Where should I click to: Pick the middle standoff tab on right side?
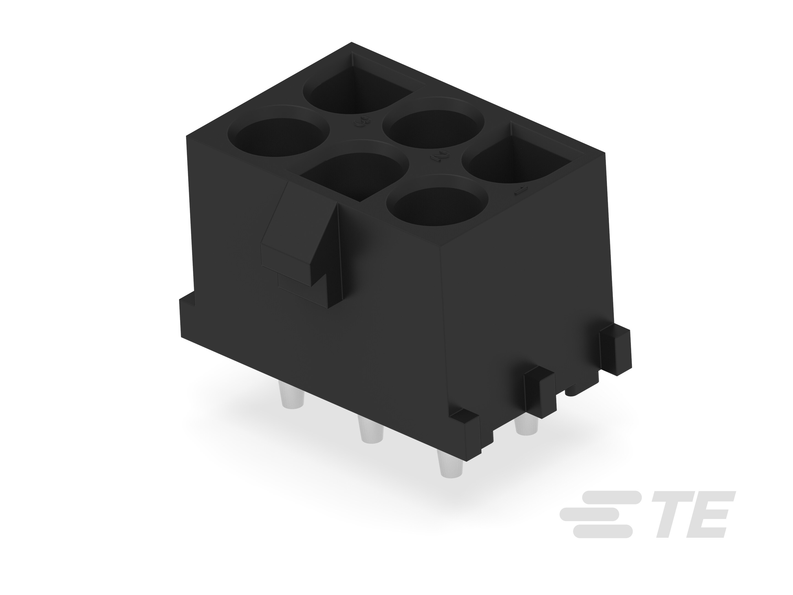coord(539,394)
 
